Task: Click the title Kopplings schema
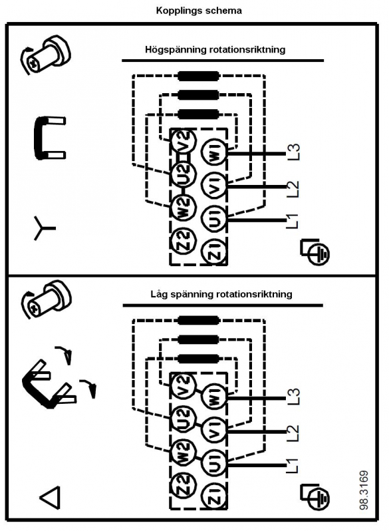pyautogui.click(x=199, y=11)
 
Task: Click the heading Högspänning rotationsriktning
pyautogui.click(x=215, y=50)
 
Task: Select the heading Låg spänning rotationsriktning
pyautogui.click(x=221, y=294)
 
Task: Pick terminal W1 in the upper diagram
pyautogui.click(x=215, y=154)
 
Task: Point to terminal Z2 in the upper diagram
pyautogui.click(x=184, y=240)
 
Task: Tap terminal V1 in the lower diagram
pyautogui.click(x=215, y=430)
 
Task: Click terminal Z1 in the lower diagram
pyautogui.click(x=215, y=496)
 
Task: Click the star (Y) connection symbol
pyautogui.click(x=43, y=228)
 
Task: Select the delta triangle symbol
pyautogui.click(x=51, y=497)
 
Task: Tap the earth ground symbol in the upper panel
pyautogui.click(x=315, y=252)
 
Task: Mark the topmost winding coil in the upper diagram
pyautogui.click(x=199, y=77)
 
